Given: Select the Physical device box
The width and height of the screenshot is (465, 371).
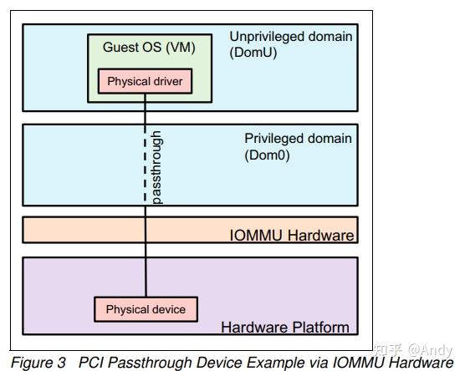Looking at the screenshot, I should pyautogui.click(x=146, y=309).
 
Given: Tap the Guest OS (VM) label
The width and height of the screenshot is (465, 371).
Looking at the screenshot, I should pyautogui.click(x=149, y=47).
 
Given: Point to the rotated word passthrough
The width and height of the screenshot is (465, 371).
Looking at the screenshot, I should pyautogui.click(x=156, y=168).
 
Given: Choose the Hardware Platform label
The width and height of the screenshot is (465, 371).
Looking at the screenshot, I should pyautogui.click(x=284, y=327).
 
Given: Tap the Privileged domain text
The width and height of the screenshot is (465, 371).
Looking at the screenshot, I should pyautogui.click(x=298, y=138).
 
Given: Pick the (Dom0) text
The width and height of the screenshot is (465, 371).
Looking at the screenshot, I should pyautogui.click(x=267, y=155).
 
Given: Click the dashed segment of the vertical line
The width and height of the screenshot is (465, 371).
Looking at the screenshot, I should pyautogui.click(x=146, y=167).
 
